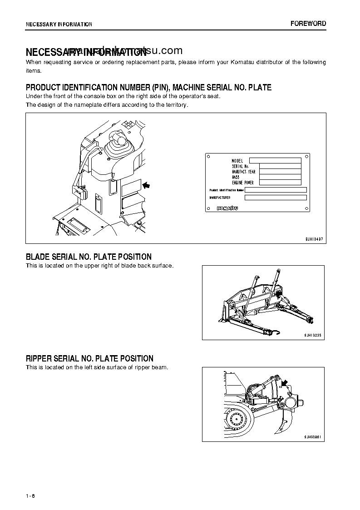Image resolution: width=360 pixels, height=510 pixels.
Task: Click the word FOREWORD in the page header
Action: pyautogui.click(x=308, y=24)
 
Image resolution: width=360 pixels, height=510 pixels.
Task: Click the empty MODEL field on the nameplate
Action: pyautogui.click(x=275, y=160)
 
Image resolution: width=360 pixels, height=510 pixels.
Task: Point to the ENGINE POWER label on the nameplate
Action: pyautogui.click(x=243, y=183)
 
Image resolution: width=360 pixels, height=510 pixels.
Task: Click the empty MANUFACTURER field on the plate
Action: pyautogui.click(x=275, y=198)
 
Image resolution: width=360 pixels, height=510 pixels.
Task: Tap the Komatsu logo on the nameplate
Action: pyautogui.click(x=227, y=208)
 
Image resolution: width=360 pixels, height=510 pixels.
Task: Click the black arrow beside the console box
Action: pyautogui.click(x=146, y=185)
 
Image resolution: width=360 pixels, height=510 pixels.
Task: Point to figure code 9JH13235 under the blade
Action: pyautogui.click(x=313, y=335)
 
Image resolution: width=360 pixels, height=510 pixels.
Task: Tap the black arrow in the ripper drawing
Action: pyautogui.click(x=285, y=384)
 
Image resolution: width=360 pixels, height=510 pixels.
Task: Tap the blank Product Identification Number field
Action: pyautogui.click(x=275, y=190)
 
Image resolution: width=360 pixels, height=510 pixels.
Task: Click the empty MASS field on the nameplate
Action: pyautogui.click(x=280, y=177)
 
